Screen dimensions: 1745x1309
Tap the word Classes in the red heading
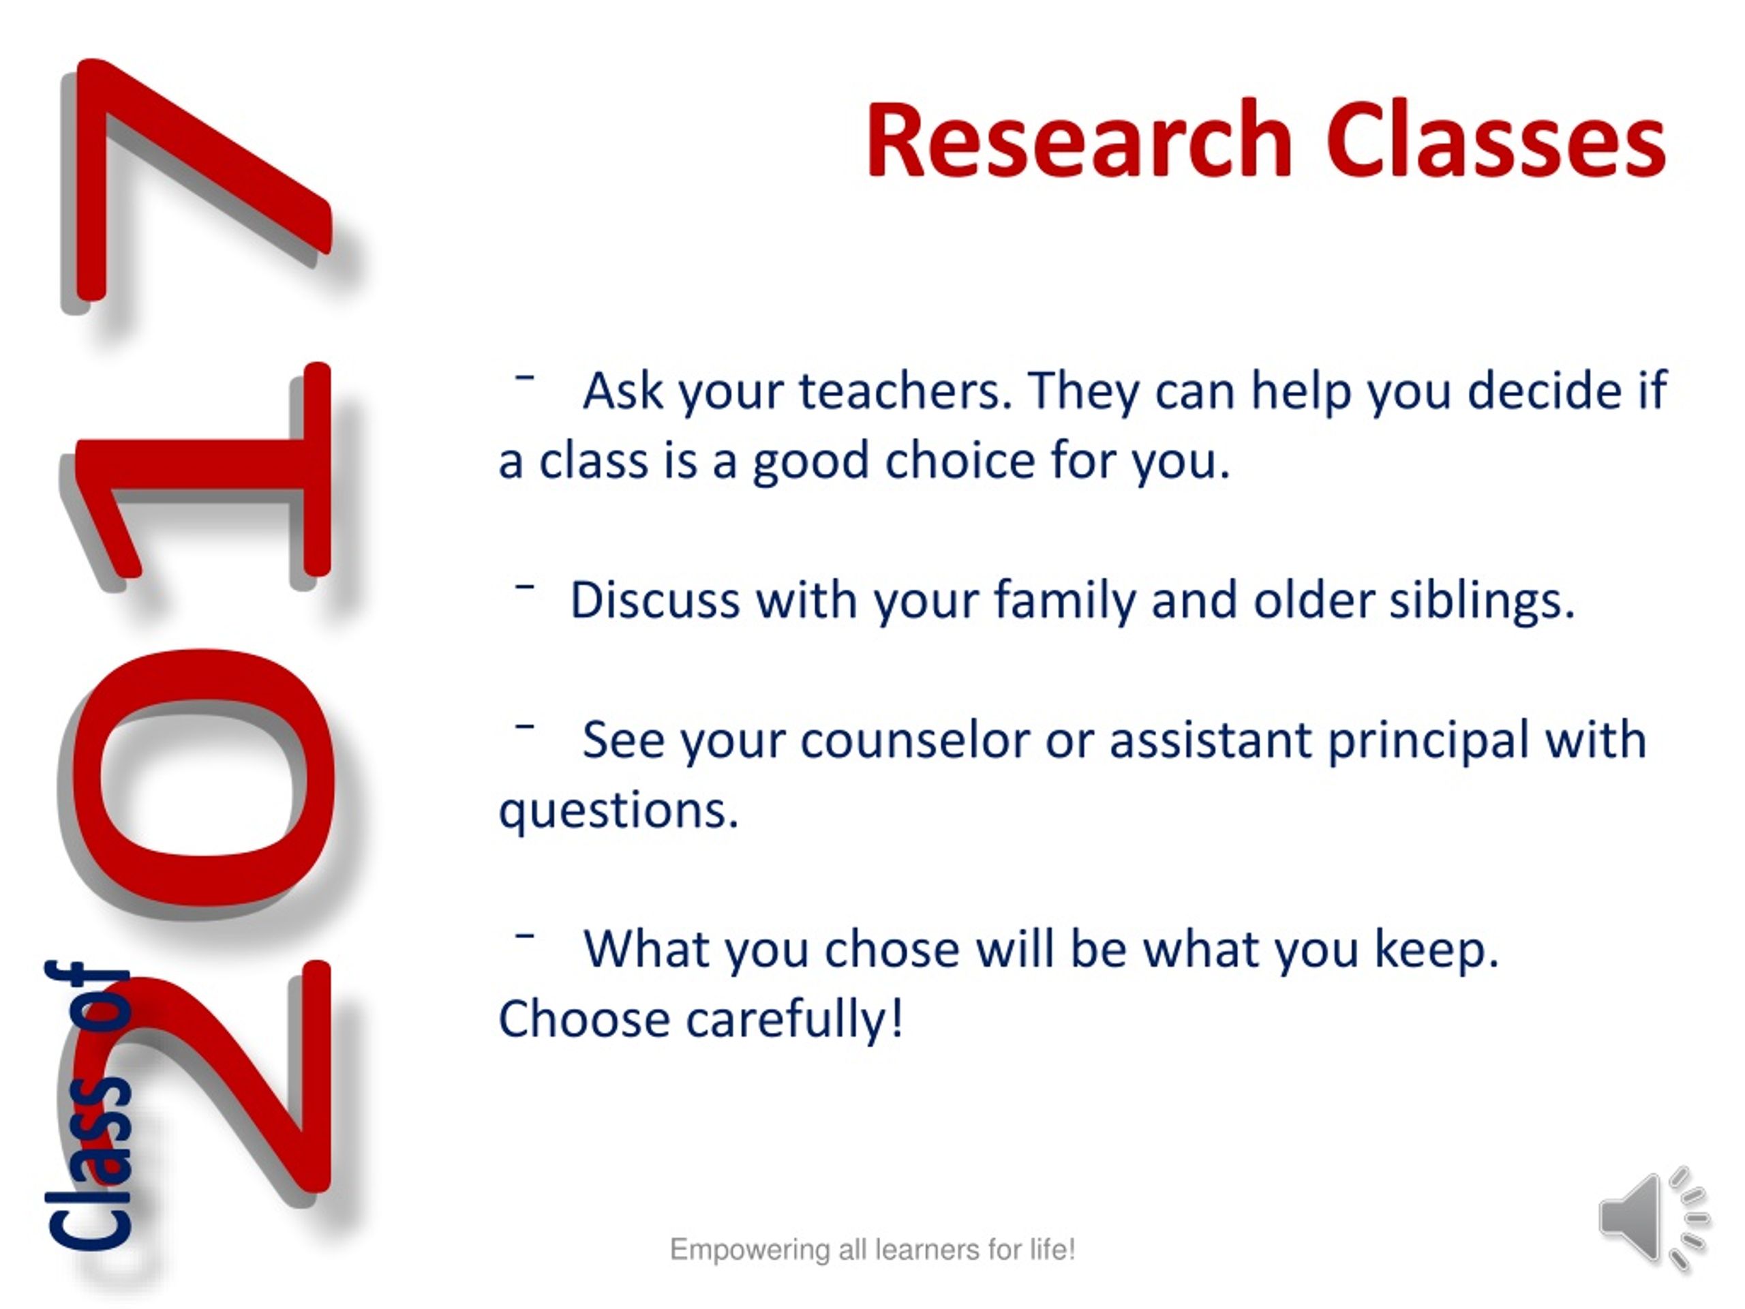tap(1496, 140)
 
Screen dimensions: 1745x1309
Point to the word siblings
tap(1481, 601)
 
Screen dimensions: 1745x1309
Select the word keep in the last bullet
tap(1436, 949)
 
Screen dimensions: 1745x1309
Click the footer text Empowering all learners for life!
tap(872, 1250)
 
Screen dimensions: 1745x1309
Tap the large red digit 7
tap(197, 181)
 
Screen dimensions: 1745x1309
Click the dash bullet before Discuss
tap(525, 586)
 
